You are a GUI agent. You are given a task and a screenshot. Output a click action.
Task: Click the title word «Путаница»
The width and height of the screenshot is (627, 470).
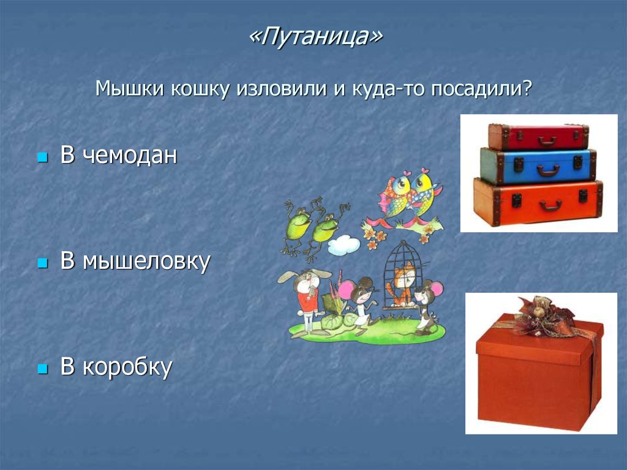click(x=315, y=38)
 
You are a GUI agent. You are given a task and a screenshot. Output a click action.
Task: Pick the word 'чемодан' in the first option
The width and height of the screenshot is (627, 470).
click(x=130, y=156)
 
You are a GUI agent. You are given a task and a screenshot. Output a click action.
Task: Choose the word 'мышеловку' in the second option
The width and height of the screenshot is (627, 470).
click(x=146, y=262)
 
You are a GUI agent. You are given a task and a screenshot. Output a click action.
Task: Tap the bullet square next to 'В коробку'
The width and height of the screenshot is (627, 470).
click(x=42, y=369)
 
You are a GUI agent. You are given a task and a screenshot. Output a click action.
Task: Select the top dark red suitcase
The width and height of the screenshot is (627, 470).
click(x=538, y=136)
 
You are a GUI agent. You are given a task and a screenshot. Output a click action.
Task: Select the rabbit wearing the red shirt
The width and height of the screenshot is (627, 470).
click(x=306, y=297)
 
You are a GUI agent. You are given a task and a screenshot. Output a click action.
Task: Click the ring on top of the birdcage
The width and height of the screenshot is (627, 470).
click(x=402, y=243)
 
